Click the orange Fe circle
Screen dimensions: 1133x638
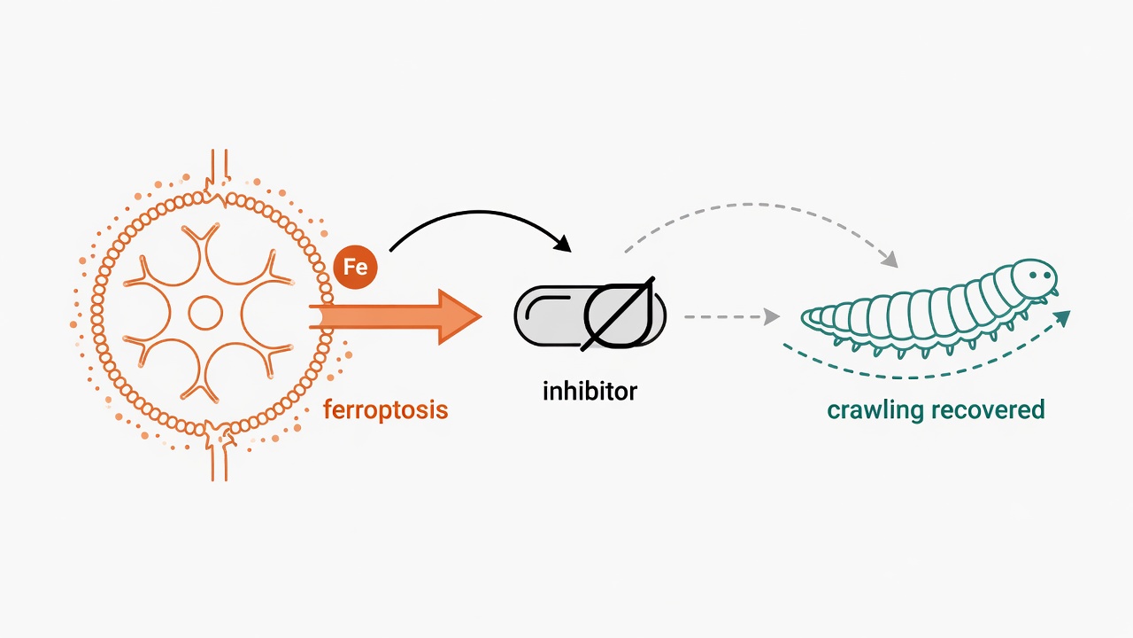point(356,267)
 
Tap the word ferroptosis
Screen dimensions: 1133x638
point(386,409)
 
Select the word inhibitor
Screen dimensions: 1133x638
point(590,391)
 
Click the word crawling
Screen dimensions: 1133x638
point(876,409)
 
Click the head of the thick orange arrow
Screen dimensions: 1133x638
point(459,317)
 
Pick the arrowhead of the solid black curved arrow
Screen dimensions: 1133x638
point(563,244)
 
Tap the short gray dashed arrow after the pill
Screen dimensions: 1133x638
point(731,317)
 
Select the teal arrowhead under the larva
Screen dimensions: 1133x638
point(1062,318)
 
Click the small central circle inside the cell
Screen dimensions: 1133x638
point(205,313)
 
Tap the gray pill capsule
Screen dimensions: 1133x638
point(590,316)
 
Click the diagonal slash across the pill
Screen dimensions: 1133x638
point(618,314)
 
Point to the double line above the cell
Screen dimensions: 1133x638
point(220,164)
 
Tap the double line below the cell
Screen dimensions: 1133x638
point(220,464)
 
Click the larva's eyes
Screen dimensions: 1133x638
point(1040,275)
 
